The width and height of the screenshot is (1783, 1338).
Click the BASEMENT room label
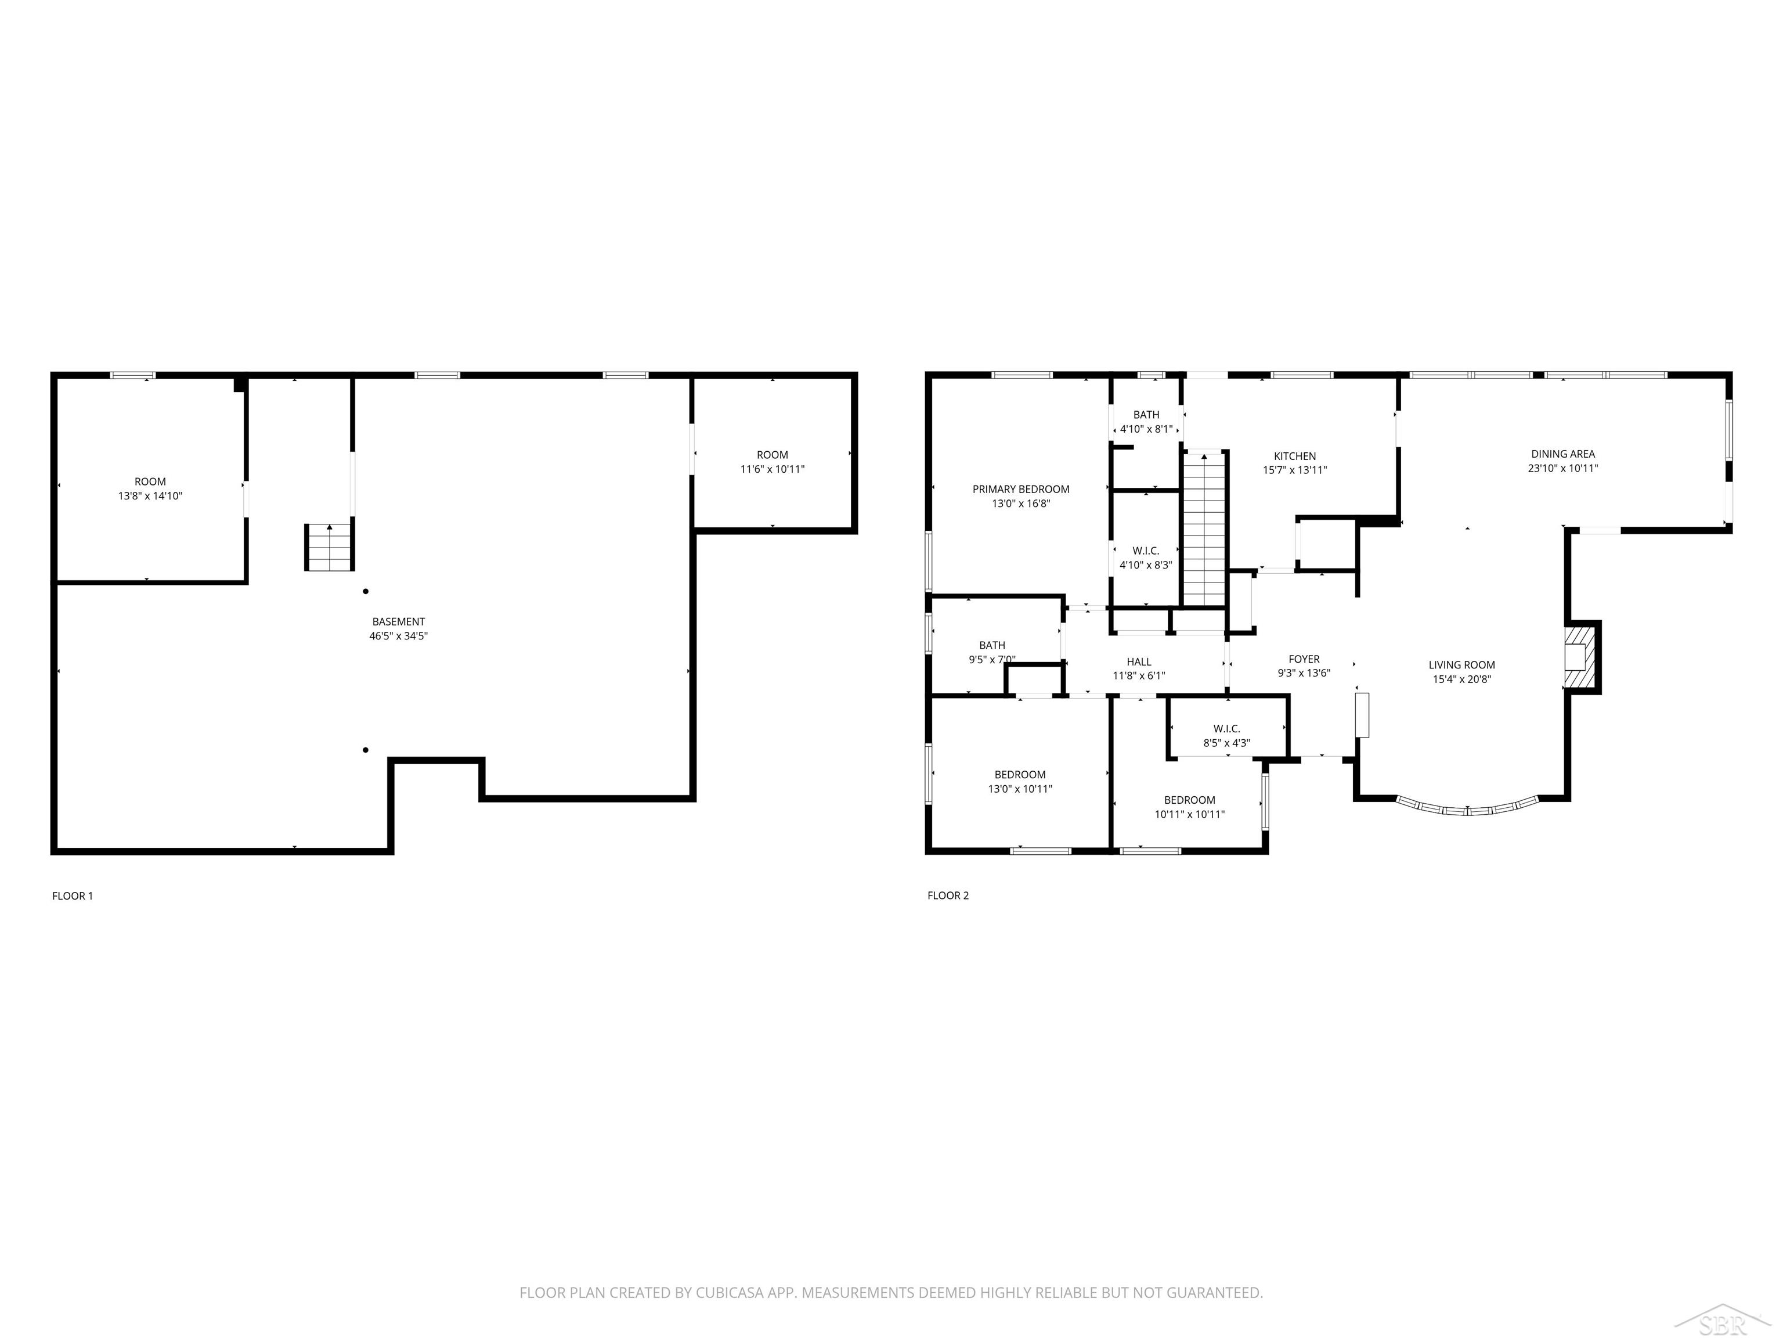(x=398, y=622)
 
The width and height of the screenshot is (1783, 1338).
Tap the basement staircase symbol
(x=329, y=547)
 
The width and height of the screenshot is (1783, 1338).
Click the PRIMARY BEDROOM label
(x=1020, y=490)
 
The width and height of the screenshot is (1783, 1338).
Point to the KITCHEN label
(x=1294, y=456)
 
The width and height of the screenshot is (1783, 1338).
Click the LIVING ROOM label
(x=1461, y=666)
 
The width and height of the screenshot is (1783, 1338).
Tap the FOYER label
(x=1304, y=660)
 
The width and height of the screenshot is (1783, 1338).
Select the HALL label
(x=1139, y=662)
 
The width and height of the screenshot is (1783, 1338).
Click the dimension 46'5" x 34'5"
(x=398, y=636)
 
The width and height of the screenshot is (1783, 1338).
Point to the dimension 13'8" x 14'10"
(x=150, y=496)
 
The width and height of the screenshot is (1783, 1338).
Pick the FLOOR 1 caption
(x=73, y=896)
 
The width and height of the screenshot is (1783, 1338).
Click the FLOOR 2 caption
(x=948, y=896)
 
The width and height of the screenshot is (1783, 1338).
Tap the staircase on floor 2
(x=1204, y=528)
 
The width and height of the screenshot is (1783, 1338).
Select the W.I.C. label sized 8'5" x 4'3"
(x=1226, y=729)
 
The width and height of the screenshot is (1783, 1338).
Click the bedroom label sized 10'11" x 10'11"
(x=1189, y=801)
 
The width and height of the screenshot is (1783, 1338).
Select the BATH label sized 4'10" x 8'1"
(x=1146, y=415)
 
